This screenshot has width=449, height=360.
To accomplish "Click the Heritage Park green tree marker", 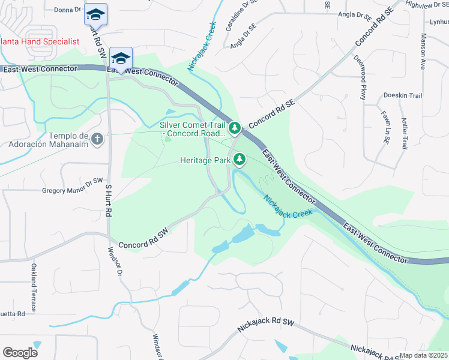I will coord(240,159).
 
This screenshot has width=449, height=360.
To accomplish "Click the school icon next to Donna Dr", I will coord(95,13).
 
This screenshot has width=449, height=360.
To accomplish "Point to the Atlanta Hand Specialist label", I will coord(40,41).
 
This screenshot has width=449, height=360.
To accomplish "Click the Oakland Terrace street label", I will coord(34,288).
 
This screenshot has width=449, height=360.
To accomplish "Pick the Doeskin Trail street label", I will coord(403,95).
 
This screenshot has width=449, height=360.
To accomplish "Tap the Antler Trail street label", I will coord(405,134).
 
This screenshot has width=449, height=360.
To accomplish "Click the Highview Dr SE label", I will coord(427,4).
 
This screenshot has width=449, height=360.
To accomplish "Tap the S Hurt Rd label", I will coord(109,200).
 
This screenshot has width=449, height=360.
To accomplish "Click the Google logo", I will coord(20,353).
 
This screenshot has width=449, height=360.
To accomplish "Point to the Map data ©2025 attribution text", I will coord(424,355).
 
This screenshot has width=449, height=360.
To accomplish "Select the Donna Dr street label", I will coord(67,10).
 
